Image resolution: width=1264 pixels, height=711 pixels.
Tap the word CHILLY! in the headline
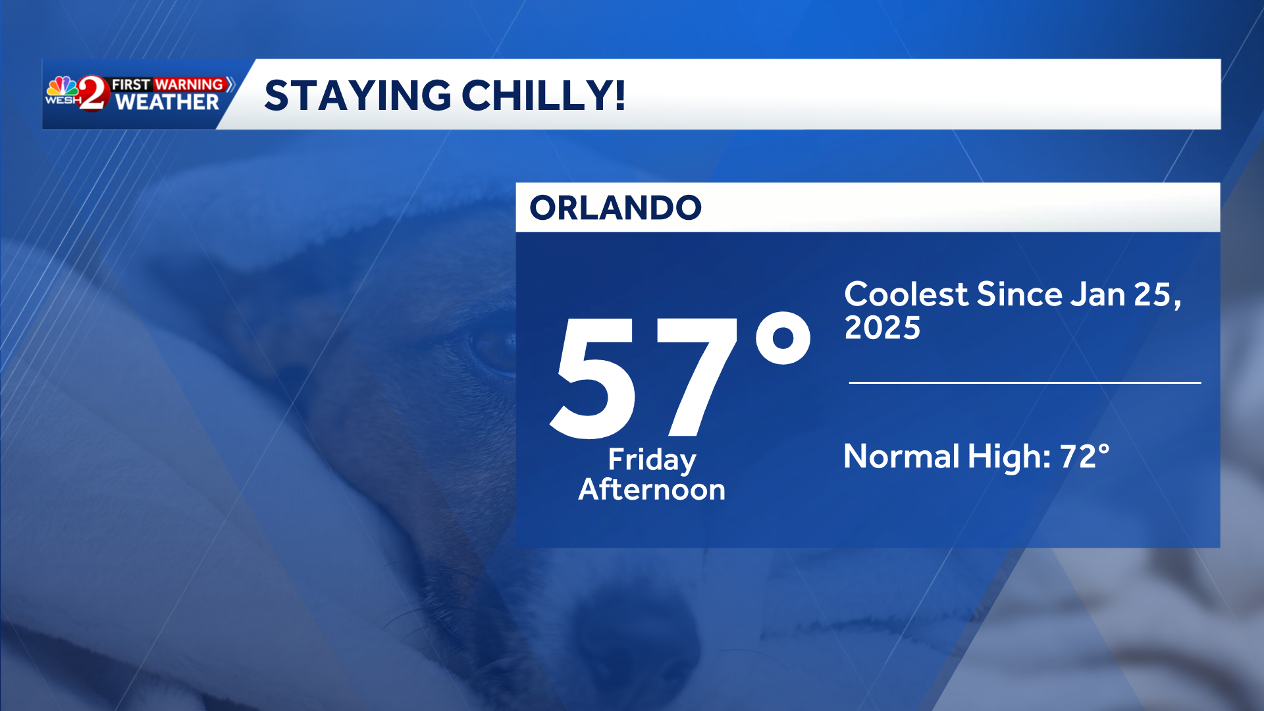[544, 96]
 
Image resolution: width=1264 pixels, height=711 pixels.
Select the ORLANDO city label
[616, 208]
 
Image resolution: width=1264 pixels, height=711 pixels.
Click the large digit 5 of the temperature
[594, 378]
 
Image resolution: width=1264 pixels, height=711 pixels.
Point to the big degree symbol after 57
[783, 338]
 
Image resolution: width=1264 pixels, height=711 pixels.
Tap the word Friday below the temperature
[652, 460]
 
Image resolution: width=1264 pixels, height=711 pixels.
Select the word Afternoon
[652, 490]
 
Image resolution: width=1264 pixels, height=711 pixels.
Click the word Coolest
[906, 294]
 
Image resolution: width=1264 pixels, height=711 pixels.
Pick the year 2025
[882, 328]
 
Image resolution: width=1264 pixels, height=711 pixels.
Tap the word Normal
[901, 456]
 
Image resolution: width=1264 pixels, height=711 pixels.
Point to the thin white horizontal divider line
[1024, 382]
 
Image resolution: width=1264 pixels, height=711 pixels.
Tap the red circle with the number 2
[93, 93]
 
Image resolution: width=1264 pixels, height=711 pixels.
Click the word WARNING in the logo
[189, 84]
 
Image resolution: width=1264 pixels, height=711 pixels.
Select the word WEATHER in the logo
[167, 103]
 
